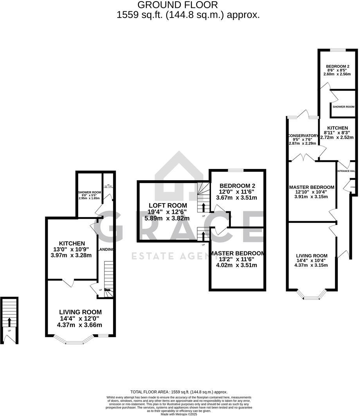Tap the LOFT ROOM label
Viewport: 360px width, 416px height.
point(167,205)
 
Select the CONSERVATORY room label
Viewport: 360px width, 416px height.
point(303,136)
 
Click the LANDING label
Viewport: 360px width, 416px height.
point(106,249)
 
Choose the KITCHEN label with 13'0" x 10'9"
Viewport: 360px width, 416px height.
point(72,243)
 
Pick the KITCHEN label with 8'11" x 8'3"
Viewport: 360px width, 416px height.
point(337,128)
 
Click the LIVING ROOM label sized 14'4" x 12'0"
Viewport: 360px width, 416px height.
point(80,312)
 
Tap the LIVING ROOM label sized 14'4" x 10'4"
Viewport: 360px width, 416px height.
point(311,256)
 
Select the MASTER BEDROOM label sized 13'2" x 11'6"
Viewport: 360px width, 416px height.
point(237,253)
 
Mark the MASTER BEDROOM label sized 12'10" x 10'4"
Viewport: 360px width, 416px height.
point(312,187)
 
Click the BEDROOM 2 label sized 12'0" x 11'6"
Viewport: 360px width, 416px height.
point(237,185)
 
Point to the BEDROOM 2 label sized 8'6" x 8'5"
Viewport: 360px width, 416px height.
point(338,66)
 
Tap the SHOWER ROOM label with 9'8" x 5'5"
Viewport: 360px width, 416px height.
point(90,192)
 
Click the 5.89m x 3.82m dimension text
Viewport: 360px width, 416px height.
point(167,219)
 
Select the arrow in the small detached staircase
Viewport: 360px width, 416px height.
point(10,322)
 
